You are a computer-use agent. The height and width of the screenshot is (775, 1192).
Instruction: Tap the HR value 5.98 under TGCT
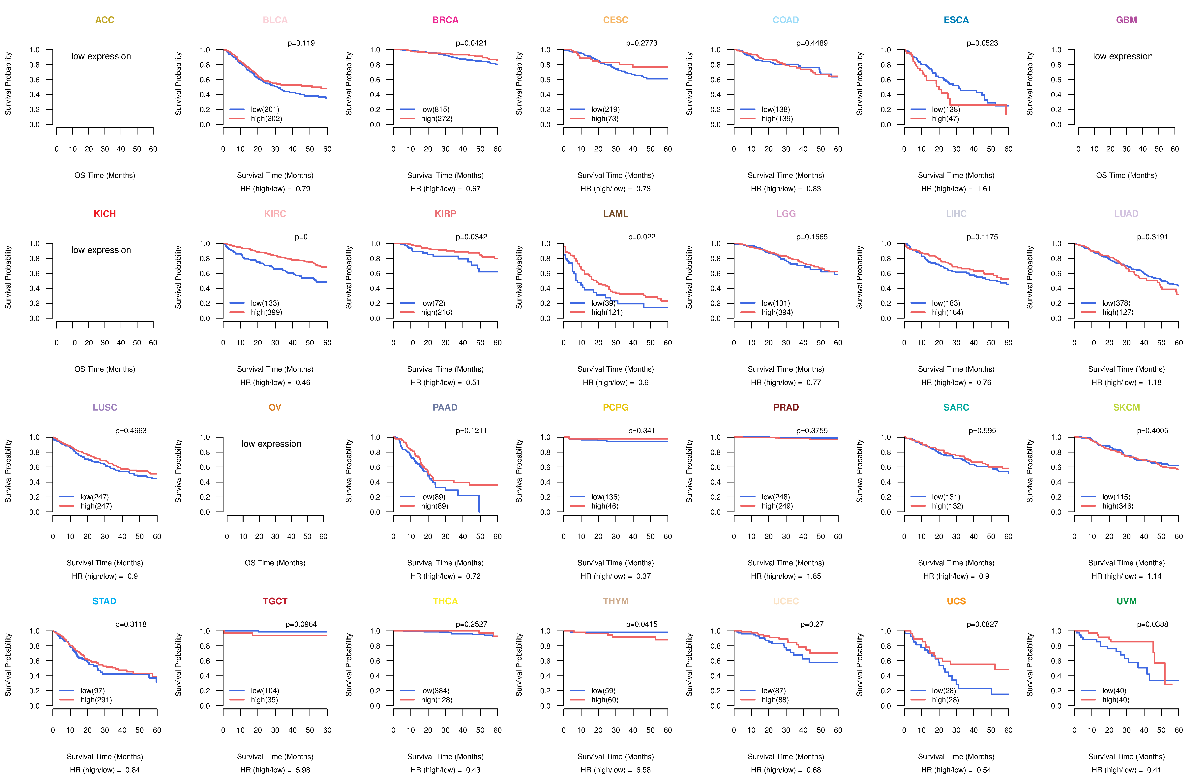(303, 770)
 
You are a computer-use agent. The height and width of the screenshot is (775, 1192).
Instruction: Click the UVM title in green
(1126, 601)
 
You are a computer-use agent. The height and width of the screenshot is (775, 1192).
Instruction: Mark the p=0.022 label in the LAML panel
(641, 237)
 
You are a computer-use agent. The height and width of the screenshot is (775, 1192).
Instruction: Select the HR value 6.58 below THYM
(643, 770)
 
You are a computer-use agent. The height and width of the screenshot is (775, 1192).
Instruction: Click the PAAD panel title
(445, 407)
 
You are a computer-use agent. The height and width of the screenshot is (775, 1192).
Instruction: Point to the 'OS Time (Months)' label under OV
(275, 563)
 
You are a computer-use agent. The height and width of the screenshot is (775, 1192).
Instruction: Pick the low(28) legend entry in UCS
(944, 690)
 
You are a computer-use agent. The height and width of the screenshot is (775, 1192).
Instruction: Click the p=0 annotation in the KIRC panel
(301, 237)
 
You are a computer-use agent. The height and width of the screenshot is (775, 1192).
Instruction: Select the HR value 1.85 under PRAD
(814, 576)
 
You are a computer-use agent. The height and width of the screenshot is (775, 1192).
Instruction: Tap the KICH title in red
(105, 214)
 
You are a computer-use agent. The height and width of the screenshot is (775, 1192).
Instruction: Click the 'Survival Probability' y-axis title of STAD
(8, 665)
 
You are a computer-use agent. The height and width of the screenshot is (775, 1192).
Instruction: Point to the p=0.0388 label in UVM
(1152, 624)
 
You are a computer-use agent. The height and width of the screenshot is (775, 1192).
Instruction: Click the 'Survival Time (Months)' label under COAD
(786, 175)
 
